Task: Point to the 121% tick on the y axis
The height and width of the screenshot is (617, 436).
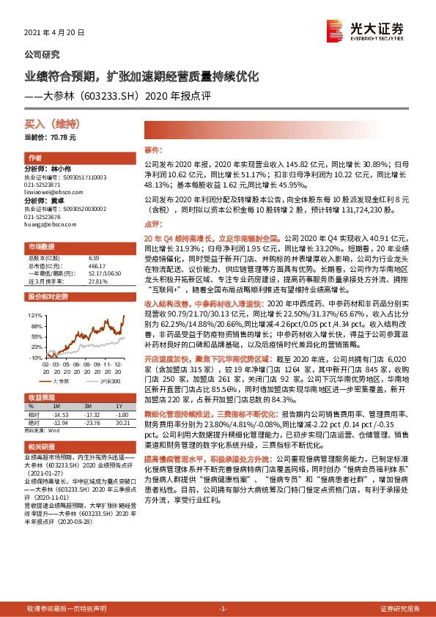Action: point(33,315)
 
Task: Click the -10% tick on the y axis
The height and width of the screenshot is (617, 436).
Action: point(33,358)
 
